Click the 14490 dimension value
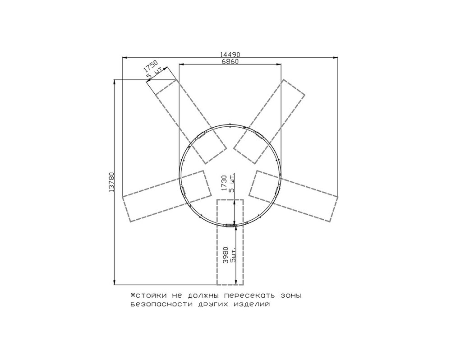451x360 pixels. point(230,55)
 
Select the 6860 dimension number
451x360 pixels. point(230,61)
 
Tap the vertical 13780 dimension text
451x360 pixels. point(112,182)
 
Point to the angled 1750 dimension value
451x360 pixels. point(151,66)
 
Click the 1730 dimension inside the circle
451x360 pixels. point(225,183)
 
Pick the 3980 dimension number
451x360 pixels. point(226,255)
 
